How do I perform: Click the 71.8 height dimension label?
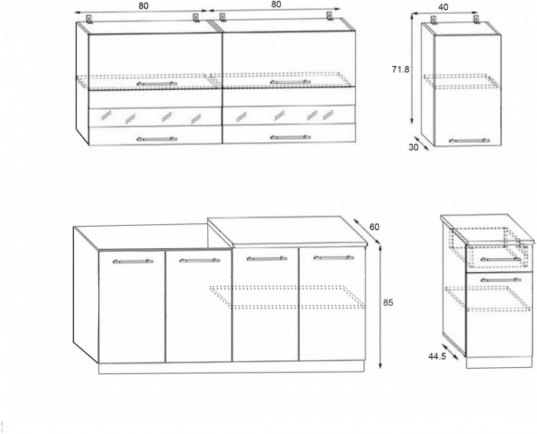pos(400,69)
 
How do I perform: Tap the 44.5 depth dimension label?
pos(437,356)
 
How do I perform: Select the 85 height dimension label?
pos(388,303)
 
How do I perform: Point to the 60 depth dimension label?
pos(374,227)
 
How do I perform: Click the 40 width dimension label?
pos(443,7)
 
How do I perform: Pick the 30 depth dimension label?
pos(413,147)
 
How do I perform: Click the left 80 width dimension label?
pos(144,6)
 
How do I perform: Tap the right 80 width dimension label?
pos(276,5)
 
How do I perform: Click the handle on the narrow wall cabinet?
pos(469,141)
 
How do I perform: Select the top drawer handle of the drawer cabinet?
pos(501,260)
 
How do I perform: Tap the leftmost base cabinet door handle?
pos(133,261)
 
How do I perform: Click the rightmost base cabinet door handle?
pos(334,257)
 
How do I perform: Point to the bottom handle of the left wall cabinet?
pos(156,139)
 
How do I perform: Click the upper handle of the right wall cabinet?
pos(291,82)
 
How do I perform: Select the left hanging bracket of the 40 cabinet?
pos(433,20)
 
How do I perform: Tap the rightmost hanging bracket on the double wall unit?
pos(330,16)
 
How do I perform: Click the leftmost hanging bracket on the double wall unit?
pos(90,19)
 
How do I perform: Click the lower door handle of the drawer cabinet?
pos(501,280)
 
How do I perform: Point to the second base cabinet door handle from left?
pos(199,260)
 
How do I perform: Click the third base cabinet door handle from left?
pos(267,259)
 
